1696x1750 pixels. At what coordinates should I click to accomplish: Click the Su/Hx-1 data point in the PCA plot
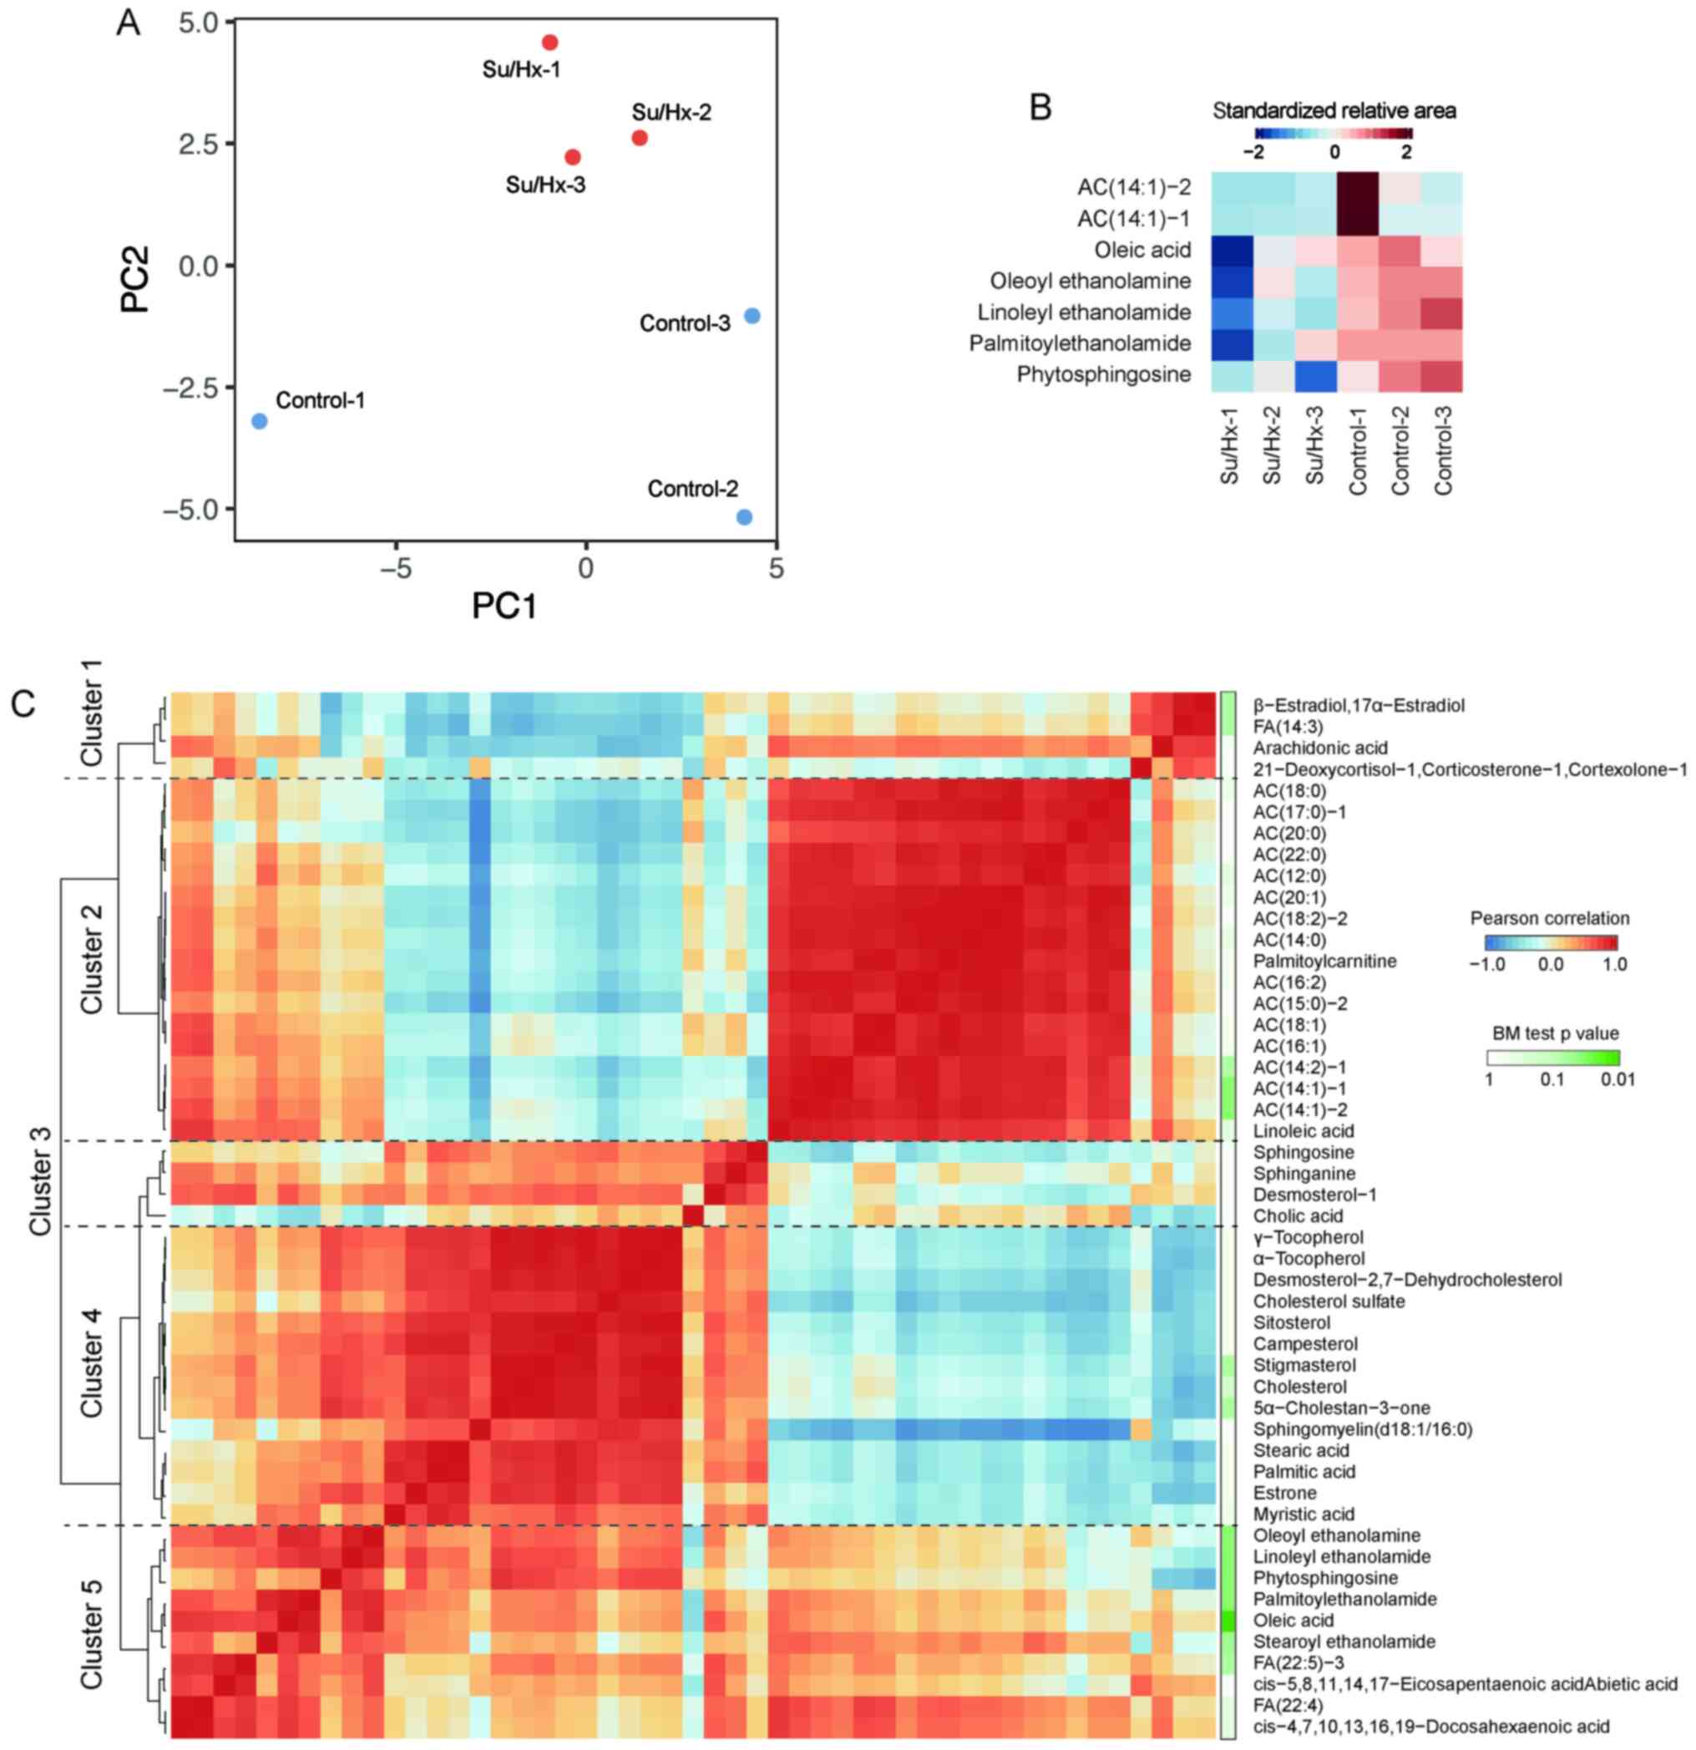pyautogui.click(x=549, y=43)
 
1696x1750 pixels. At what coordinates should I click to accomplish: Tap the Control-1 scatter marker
pyautogui.click(x=260, y=420)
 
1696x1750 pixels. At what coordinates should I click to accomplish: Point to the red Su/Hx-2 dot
pyautogui.click(x=639, y=138)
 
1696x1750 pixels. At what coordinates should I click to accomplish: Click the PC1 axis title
pyautogui.click(x=504, y=606)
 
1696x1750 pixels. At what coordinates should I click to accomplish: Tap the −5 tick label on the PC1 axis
pyautogui.click(x=396, y=568)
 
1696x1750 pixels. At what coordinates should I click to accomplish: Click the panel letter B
pyautogui.click(x=1040, y=108)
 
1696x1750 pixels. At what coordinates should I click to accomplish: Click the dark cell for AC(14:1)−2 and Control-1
pyautogui.click(x=1358, y=187)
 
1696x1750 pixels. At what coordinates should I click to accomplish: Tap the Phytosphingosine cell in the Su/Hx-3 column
pyautogui.click(x=1316, y=375)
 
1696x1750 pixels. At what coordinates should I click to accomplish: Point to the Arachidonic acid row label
pyautogui.click(x=1319, y=748)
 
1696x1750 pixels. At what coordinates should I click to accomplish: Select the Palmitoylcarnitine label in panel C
pyautogui.click(x=1324, y=961)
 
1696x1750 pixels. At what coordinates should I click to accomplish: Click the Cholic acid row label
pyautogui.click(x=1297, y=1216)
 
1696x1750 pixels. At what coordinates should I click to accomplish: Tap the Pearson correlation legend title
pyautogui.click(x=1550, y=919)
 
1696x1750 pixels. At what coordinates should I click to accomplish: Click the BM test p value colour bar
pyautogui.click(x=1553, y=1058)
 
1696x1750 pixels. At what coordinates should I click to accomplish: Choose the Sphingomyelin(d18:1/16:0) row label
pyautogui.click(x=1362, y=1429)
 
